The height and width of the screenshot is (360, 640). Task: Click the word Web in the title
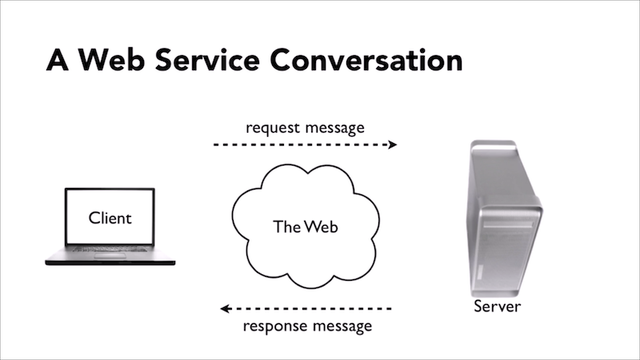[x=117, y=60]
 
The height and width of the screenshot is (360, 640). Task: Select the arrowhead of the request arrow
[x=392, y=145]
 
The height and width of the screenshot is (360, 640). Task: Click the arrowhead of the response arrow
[x=226, y=308]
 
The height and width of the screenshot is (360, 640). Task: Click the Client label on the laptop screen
[x=110, y=218]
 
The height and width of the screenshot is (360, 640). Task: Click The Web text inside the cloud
[x=306, y=226]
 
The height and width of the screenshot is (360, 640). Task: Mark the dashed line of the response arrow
[x=312, y=308]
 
